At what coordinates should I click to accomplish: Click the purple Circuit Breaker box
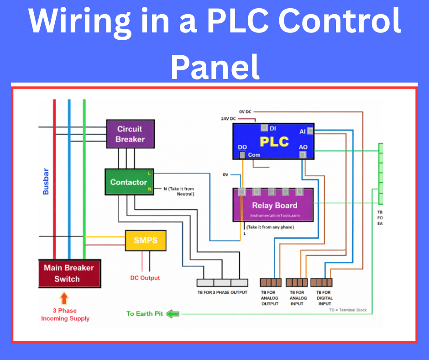click(x=130, y=134)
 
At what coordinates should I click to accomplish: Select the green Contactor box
click(x=129, y=182)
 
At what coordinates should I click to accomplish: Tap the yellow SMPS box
click(x=146, y=240)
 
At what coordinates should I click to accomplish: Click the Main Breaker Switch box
click(x=69, y=273)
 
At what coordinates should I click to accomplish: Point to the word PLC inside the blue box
click(x=274, y=142)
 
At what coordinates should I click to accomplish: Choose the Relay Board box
click(x=273, y=206)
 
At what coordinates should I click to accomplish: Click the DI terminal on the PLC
click(x=264, y=128)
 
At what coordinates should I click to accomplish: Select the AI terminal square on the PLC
click(x=310, y=132)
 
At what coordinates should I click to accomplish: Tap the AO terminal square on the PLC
click(x=303, y=155)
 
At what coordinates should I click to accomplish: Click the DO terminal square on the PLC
click(x=242, y=155)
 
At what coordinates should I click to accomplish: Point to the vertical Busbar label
click(x=46, y=182)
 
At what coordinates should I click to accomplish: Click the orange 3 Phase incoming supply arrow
click(x=64, y=299)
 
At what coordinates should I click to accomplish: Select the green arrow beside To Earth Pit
click(x=173, y=314)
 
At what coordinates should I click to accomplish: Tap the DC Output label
click(x=145, y=278)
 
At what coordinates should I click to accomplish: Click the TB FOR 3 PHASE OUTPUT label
click(x=222, y=292)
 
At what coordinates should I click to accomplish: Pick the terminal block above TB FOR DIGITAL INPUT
click(x=321, y=282)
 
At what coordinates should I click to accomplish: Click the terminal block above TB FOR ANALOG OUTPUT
click(x=271, y=282)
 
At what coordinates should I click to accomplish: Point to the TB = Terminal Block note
click(x=348, y=310)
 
